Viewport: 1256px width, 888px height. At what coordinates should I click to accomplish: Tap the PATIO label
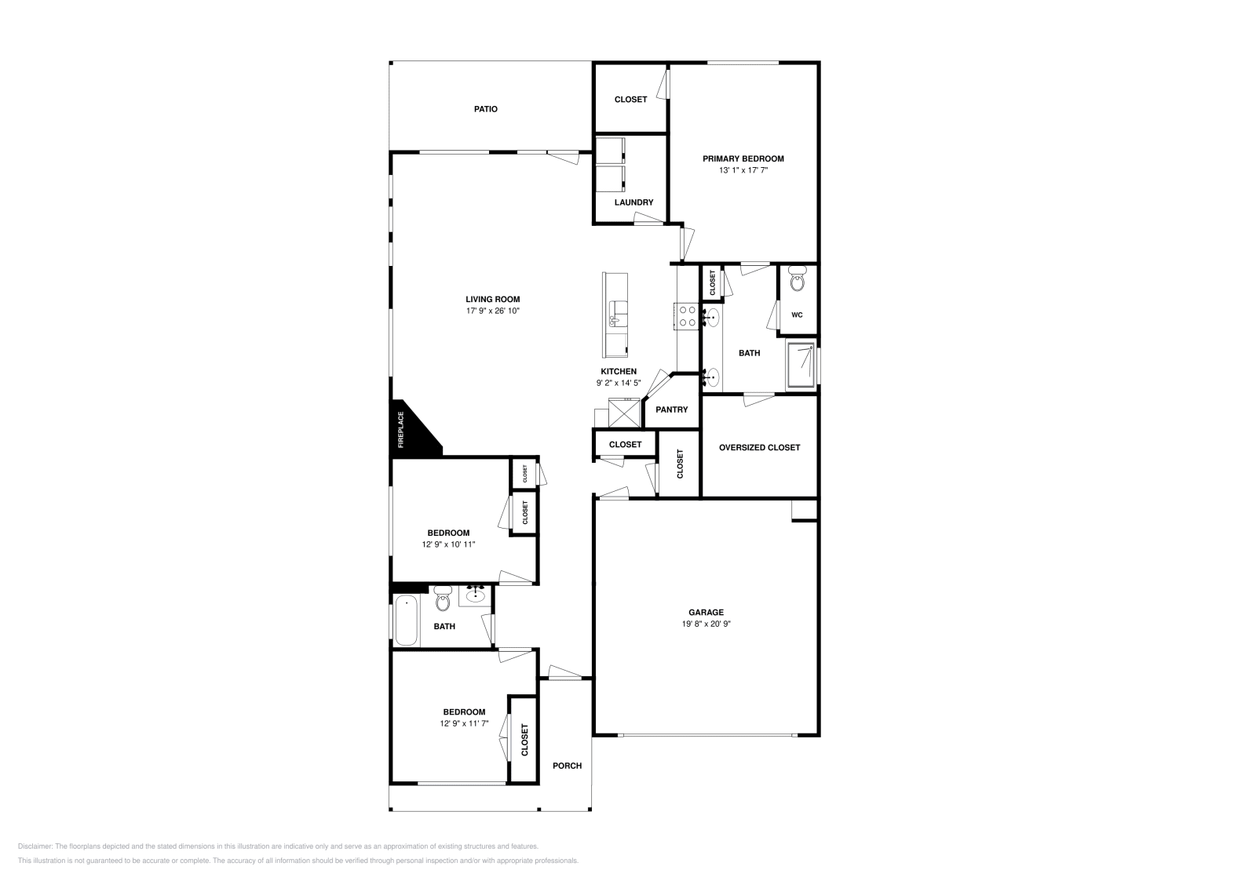(x=485, y=109)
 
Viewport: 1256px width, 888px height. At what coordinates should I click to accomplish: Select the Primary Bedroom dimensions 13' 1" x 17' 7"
(x=743, y=170)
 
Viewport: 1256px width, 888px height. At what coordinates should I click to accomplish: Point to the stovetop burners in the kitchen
(x=687, y=315)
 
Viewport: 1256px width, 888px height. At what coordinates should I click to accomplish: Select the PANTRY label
(x=671, y=409)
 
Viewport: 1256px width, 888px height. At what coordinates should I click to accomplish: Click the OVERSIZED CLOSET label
(x=759, y=447)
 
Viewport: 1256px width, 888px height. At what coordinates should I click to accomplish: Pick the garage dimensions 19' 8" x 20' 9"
(x=706, y=624)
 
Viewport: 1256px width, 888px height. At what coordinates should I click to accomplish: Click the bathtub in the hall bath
(x=406, y=621)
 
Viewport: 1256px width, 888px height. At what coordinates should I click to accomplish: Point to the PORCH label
(x=567, y=766)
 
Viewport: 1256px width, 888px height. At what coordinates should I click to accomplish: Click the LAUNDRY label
(x=633, y=202)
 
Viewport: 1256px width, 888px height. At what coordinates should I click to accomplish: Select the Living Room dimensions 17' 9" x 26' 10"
(x=492, y=311)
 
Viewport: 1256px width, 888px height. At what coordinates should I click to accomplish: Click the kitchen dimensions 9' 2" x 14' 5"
(x=619, y=384)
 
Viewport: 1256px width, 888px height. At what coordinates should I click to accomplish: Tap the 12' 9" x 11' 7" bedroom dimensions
(x=464, y=724)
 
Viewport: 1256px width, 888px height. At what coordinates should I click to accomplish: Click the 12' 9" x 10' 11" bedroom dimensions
(x=448, y=544)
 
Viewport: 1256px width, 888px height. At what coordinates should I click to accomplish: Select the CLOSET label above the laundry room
(x=630, y=100)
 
